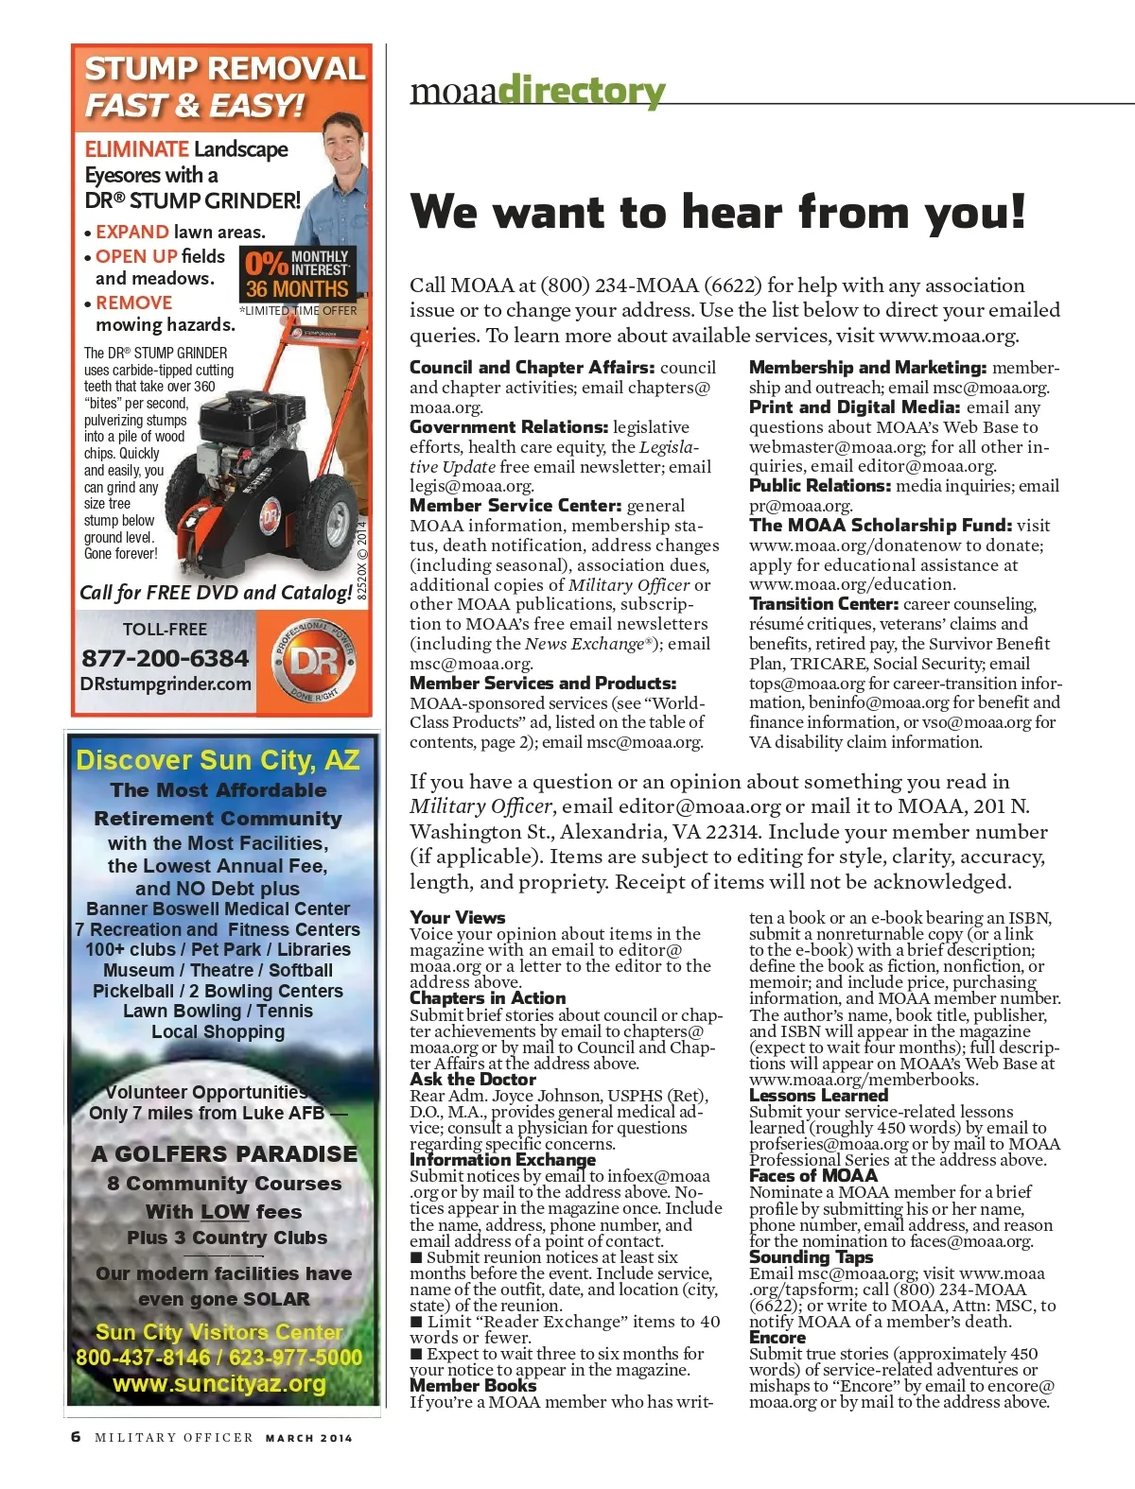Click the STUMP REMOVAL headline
coord(224,69)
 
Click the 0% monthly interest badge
coord(297,274)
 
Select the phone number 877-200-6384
coord(165,658)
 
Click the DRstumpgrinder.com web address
coord(166,684)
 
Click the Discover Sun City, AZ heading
coord(218,760)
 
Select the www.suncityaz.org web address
coord(219,1384)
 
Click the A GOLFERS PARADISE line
coord(224,1153)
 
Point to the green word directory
coord(581,92)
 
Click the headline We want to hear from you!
coord(718,211)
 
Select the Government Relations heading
coord(509,427)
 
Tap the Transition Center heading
coord(823,604)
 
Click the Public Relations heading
coord(819,486)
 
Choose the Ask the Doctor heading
coord(473,1080)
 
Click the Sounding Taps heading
coord(811,1257)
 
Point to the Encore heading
coord(777,1338)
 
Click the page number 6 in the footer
coord(76,1437)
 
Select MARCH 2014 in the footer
coord(308,1438)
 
